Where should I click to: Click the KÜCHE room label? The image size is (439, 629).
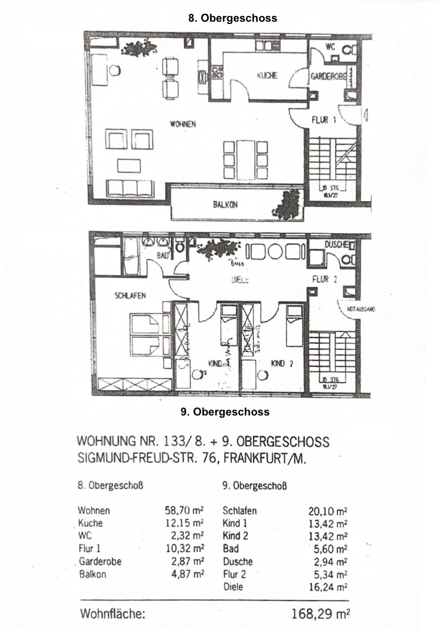point(267,76)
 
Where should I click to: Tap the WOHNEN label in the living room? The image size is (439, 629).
point(182,124)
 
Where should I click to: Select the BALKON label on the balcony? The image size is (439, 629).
point(225,205)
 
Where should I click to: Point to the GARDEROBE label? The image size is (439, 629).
point(328,76)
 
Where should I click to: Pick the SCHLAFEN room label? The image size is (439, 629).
point(130,295)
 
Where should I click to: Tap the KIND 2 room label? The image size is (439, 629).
point(282,363)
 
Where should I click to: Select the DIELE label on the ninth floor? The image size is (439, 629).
point(240,280)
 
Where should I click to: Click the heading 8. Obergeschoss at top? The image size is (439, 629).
point(232,18)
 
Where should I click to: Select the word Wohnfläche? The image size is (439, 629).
point(113,614)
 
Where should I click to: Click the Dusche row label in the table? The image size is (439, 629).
point(238,562)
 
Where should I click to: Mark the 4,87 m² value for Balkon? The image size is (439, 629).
point(188,574)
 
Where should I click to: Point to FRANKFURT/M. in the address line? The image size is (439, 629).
point(265,458)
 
